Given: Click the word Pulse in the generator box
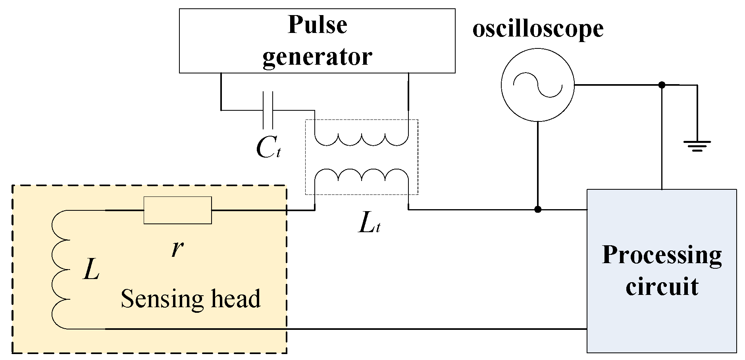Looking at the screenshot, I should (317, 25).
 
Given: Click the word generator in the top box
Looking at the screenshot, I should (317, 56).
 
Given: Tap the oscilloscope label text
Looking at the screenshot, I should (538, 29).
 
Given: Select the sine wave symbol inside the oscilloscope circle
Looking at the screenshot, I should (537, 85).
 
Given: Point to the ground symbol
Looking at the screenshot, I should (697, 146).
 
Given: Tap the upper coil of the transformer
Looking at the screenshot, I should (361, 139).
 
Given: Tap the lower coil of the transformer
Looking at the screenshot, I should (361, 175).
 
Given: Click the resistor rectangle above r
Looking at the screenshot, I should (177, 210).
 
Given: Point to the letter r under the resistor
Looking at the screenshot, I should (177, 248).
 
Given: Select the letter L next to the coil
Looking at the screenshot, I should (91, 271).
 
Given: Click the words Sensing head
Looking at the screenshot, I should (191, 298).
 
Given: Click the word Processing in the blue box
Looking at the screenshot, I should (662, 255).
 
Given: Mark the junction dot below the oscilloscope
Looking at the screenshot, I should (537, 210).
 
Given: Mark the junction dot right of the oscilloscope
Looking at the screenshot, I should (662, 85).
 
